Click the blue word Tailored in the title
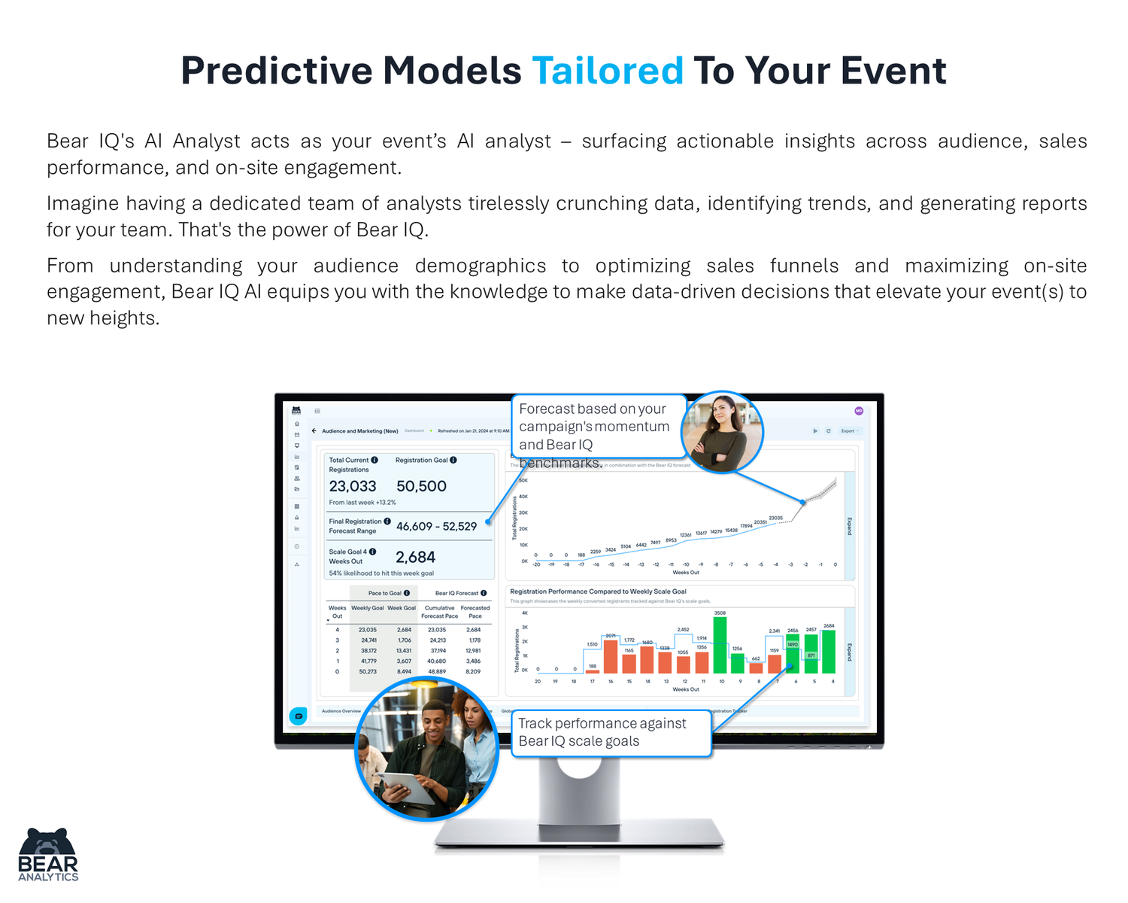[x=608, y=71]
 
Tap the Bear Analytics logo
[x=48, y=855]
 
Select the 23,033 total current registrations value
[x=353, y=487]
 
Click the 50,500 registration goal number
[x=421, y=487]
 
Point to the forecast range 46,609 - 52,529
[x=436, y=527]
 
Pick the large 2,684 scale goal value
[x=415, y=558]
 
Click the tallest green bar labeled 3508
[x=720, y=646]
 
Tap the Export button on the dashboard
[x=850, y=431]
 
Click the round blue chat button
[x=299, y=716]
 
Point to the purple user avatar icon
[x=859, y=411]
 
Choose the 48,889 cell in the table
[x=437, y=671]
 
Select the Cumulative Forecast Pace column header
[x=439, y=612]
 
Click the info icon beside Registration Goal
[x=453, y=460]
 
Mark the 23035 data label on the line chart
[x=775, y=518]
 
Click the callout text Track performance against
[x=602, y=723]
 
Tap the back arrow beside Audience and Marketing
[x=314, y=431]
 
